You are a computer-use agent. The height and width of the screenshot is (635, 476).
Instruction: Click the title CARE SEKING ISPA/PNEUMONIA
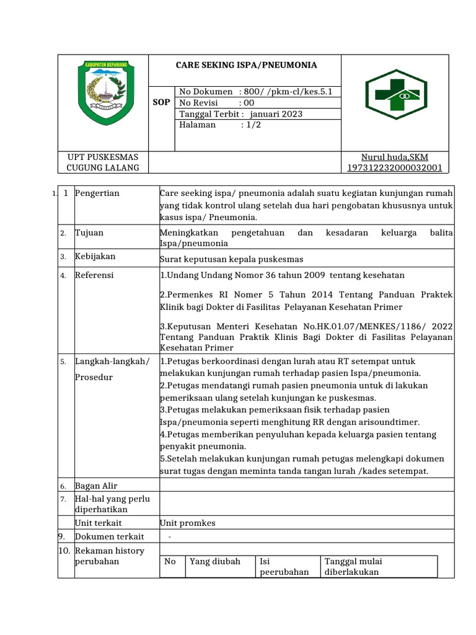click(246, 65)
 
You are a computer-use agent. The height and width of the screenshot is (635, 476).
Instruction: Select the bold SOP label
click(162, 103)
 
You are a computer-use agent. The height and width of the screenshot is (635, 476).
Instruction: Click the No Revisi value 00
click(249, 103)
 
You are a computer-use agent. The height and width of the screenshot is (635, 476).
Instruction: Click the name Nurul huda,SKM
click(395, 157)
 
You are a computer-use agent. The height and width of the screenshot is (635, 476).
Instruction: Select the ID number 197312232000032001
click(395, 168)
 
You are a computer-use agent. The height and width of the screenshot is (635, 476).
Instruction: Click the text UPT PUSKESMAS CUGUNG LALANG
click(103, 162)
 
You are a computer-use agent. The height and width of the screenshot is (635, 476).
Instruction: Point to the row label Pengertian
click(97, 193)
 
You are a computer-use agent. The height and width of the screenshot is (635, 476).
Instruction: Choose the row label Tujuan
click(89, 233)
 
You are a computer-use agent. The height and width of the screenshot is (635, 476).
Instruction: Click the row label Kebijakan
click(95, 256)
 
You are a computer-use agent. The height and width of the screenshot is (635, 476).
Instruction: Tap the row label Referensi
click(94, 275)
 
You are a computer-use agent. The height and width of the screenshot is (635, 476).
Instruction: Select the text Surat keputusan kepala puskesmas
click(231, 259)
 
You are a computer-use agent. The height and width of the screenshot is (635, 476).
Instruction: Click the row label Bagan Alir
click(96, 486)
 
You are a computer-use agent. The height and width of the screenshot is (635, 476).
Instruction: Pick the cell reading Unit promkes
click(188, 523)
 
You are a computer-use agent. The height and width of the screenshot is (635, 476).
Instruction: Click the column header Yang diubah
click(214, 561)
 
